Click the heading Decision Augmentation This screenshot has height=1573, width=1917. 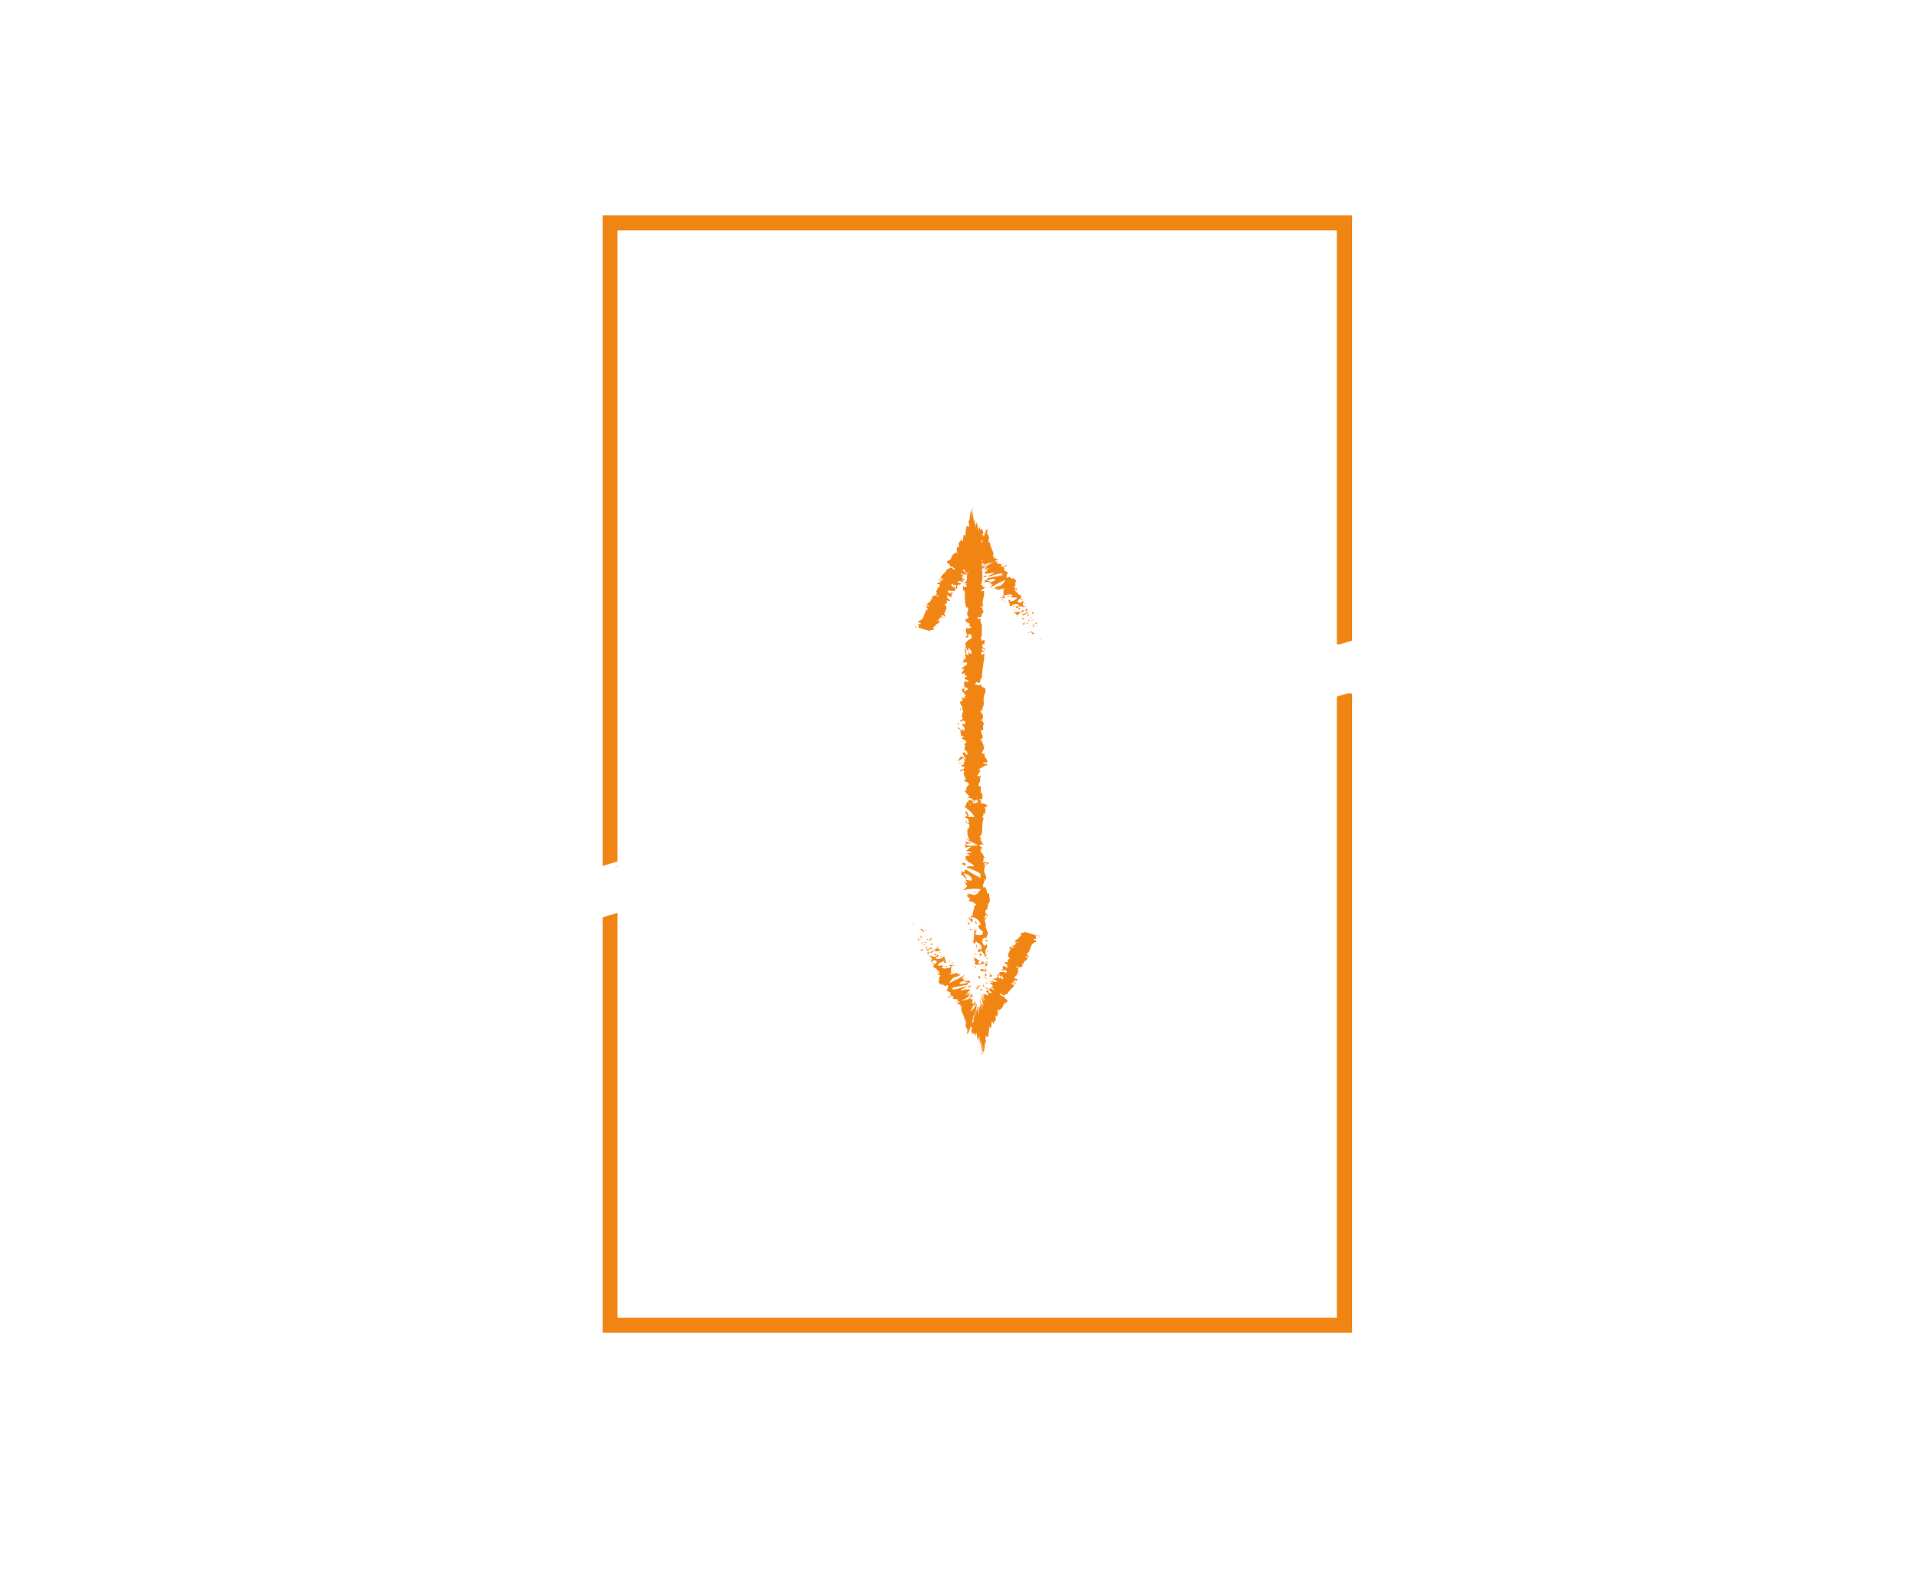[x=970, y=109]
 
